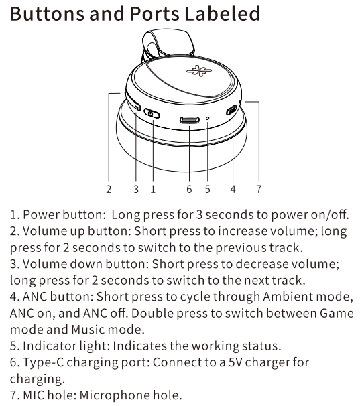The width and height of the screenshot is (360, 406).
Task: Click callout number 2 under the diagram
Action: pyautogui.click(x=109, y=190)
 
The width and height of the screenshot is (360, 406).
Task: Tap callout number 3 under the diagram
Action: pyautogui.click(x=136, y=190)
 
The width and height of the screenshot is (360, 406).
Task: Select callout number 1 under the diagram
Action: pyautogui.click(x=153, y=190)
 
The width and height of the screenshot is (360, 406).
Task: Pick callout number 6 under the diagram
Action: pyautogui.click(x=189, y=190)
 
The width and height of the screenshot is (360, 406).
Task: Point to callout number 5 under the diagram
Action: pyautogui.click(x=207, y=190)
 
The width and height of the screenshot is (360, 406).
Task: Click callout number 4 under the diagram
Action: pyautogui.click(x=233, y=190)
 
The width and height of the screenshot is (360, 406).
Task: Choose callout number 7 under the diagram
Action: pyautogui.click(x=259, y=190)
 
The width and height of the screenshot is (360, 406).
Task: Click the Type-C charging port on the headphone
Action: pyautogui.click(x=190, y=120)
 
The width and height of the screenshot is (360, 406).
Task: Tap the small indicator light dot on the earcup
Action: pyautogui.click(x=207, y=119)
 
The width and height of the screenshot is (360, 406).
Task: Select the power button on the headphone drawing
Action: pyautogui.click(x=152, y=113)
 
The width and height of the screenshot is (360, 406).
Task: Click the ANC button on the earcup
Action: pyautogui.click(x=231, y=110)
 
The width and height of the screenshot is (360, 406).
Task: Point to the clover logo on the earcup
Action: pyautogui.click(x=199, y=71)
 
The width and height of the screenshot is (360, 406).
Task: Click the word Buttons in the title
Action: pyautogui.click(x=47, y=13)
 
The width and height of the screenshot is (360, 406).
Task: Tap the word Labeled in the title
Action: pyautogui.click(x=222, y=13)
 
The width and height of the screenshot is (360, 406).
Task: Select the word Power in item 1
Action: pyautogui.click(x=42, y=214)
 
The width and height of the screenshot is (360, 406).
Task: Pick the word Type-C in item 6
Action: pyautogui.click(x=44, y=362)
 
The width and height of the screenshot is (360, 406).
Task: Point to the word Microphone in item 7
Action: pyautogui.click(x=114, y=395)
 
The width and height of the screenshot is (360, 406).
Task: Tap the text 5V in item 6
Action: pyautogui.click(x=235, y=362)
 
